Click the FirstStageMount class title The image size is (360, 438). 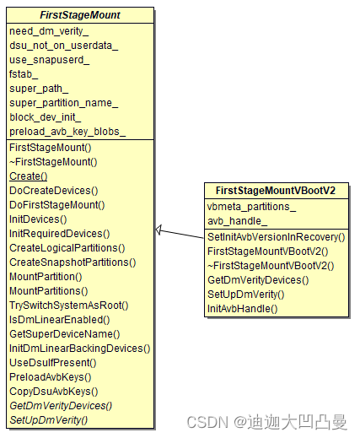click(x=81, y=15)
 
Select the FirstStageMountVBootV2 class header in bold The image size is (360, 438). click(x=276, y=192)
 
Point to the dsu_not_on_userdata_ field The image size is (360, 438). click(x=64, y=46)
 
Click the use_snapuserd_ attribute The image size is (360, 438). click(x=50, y=60)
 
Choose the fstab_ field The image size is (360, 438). click(x=24, y=74)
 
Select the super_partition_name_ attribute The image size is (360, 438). click(x=64, y=103)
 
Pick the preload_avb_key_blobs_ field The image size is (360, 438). click(x=67, y=132)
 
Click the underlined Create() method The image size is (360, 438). click(x=29, y=176)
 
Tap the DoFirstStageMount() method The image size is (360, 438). click(x=57, y=204)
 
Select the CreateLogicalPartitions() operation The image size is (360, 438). click(x=67, y=247)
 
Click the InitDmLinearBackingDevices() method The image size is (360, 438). click(x=80, y=348)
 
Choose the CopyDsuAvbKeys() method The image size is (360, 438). click(x=54, y=391)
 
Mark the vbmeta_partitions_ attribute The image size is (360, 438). click(x=252, y=207)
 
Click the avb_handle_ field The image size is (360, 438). click(x=238, y=221)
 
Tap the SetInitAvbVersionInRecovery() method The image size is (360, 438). click(x=277, y=237)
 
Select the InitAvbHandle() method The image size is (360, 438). click(x=243, y=309)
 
